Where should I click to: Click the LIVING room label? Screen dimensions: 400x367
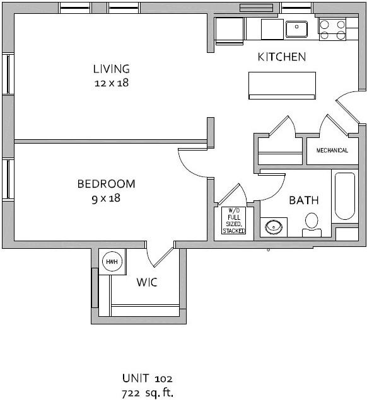click(x=111, y=69)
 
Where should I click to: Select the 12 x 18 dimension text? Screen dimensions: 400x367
click(x=111, y=83)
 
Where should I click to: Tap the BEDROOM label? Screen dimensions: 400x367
click(x=106, y=184)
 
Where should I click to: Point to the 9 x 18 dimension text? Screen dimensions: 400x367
click(x=106, y=198)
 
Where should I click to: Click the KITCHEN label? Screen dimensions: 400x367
click(x=282, y=57)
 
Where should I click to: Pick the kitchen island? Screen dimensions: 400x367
click(x=282, y=85)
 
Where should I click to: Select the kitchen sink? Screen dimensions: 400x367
click(x=296, y=28)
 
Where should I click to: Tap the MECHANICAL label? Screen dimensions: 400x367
click(x=332, y=151)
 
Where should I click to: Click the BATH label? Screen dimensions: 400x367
click(x=303, y=200)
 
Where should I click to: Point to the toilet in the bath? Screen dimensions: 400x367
click(x=312, y=224)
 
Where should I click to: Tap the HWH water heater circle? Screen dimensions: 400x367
click(x=112, y=261)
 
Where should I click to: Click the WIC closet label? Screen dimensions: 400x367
click(x=147, y=282)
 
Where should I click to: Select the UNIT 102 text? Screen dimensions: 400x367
click(x=147, y=378)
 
